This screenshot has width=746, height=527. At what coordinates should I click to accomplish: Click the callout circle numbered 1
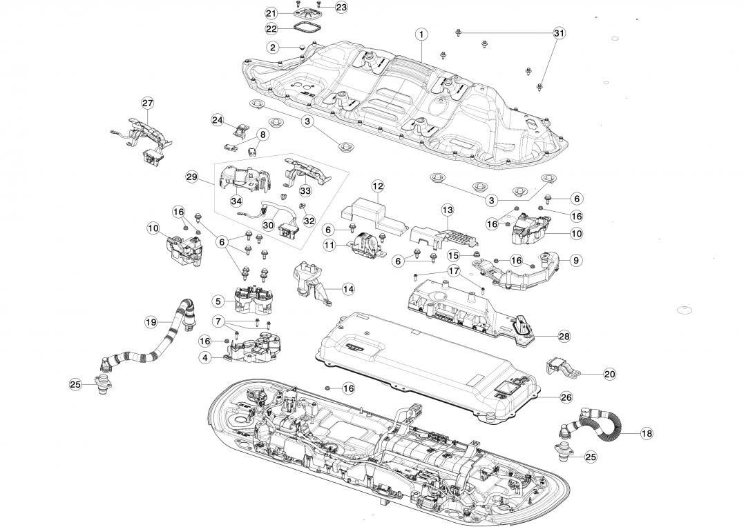[421, 33]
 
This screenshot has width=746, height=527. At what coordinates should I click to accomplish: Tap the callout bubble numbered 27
[147, 103]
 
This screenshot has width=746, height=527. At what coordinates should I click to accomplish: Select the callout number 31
[559, 33]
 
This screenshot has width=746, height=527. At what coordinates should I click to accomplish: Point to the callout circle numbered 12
[378, 186]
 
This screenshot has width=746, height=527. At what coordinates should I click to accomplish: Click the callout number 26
[566, 397]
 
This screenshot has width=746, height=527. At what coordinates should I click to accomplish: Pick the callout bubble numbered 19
[151, 322]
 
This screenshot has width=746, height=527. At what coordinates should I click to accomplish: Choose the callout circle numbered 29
[192, 177]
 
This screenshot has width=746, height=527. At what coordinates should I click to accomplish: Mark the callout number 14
[348, 290]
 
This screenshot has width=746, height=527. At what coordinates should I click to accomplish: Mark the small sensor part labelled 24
[241, 129]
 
